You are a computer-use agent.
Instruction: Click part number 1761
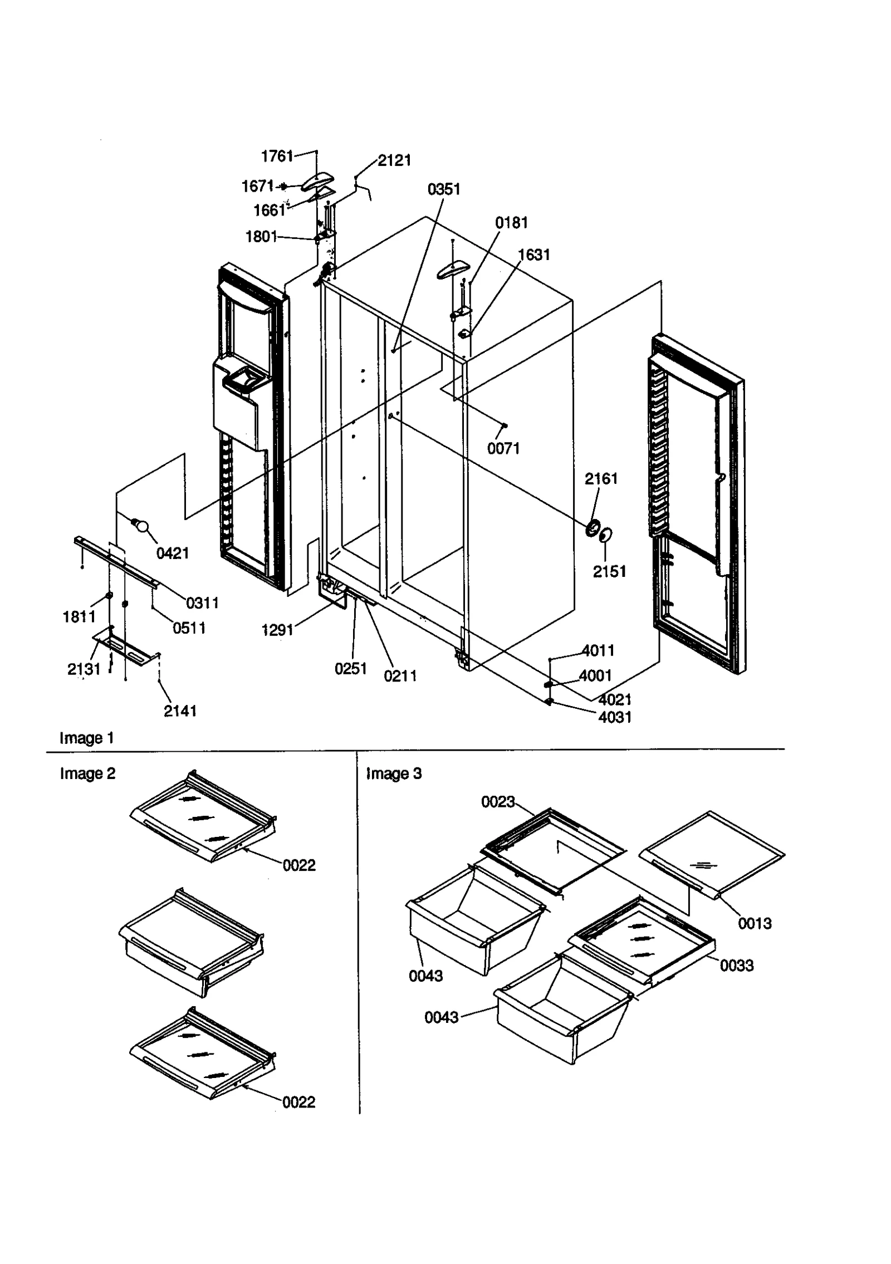pyautogui.click(x=276, y=156)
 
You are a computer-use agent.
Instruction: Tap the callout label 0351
pyautogui.click(x=444, y=189)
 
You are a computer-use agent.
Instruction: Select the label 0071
pyautogui.click(x=503, y=448)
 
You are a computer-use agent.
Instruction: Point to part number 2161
pyautogui.click(x=601, y=478)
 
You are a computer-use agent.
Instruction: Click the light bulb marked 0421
pyautogui.click(x=141, y=526)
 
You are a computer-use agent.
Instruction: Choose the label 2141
pyautogui.click(x=180, y=711)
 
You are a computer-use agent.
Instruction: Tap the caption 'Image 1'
pyautogui.click(x=87, y=738)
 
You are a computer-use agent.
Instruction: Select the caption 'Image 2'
pyautogui.click(x=87, y=774)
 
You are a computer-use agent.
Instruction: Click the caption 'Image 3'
pyautogui.click(x=394, y=773)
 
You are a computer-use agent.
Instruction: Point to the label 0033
pyautogui.click(x=736, y=966)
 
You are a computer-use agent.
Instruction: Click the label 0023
pyautogui.click(x=497, y=802)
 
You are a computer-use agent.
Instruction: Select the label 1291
pyautogui.click(x=277, y=630)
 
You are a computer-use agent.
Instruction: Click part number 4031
pyautogui.click(x=615, y=717)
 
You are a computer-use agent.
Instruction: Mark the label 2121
pyautogui.click(x=394, y=160)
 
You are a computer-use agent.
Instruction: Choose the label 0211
pyautogui.click(x=400, y=676)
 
